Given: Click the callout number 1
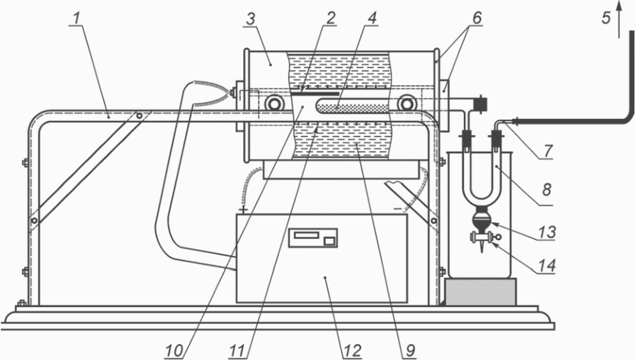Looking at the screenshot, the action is [77, 18].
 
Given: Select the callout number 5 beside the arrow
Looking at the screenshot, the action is [606, 18].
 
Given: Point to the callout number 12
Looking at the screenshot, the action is [351, 351].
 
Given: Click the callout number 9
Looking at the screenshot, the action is [410, 351].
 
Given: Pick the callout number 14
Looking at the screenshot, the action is [547, 265].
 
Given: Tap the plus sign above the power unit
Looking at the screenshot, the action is [243, 209].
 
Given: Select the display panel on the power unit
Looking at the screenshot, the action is [312, 238].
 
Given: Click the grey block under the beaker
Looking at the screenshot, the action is [481, 291].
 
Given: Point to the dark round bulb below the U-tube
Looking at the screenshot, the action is [482, 222].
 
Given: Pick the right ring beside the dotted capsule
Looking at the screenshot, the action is [406, 104].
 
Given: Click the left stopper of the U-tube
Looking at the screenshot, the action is [466, 138].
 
